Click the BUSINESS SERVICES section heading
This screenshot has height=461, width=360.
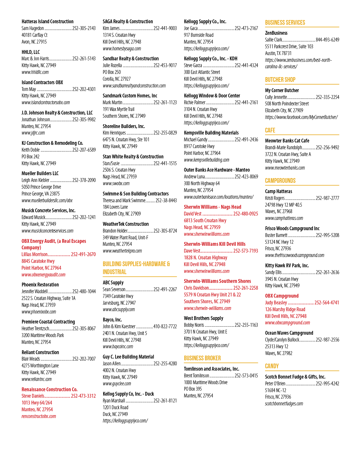tap(285, 22)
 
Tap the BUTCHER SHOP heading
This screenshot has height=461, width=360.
tap(280, 80)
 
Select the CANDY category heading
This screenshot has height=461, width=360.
tap(272, 366)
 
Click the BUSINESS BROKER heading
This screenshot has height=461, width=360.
tap(202, 358)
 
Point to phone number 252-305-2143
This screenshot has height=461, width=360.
tap(84, 28)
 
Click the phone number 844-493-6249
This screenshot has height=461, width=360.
tap(327, 40)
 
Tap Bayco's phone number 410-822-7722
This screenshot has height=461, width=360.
tap(165, 326)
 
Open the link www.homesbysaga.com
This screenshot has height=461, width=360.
tap(122, 49)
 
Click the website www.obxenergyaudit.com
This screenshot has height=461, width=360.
tap(44, 275)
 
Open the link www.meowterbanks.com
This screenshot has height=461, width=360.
tap(285, 168)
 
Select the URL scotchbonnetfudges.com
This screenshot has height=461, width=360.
tap(284, 404)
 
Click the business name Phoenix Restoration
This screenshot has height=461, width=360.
tap(40, 285)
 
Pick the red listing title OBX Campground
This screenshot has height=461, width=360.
tap(282, 296)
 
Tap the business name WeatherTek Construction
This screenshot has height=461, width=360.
tap(126, 224)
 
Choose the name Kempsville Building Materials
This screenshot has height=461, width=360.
tap(211, 133)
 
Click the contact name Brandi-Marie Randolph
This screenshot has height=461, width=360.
tap(284, 147)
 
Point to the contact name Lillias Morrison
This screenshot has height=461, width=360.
tap(34, 254)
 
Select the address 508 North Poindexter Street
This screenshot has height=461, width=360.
tap(287, 104)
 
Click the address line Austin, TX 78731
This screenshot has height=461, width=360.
tap(278, 53)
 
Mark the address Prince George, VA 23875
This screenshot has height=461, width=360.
tap(41, 194)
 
